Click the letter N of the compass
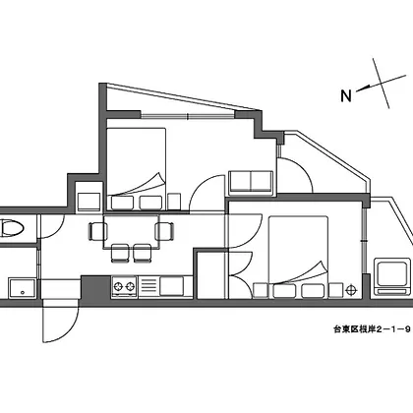346,95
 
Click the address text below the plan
372,329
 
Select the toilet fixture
12,228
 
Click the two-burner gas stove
124,286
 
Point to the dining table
131,232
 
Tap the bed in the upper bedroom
137,169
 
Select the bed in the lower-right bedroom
298,257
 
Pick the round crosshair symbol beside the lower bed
351,290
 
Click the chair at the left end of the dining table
97,231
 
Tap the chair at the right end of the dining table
165,231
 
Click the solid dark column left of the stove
95,287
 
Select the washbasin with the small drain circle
22,288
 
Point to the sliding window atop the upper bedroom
188,115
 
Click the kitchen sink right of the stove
171,286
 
